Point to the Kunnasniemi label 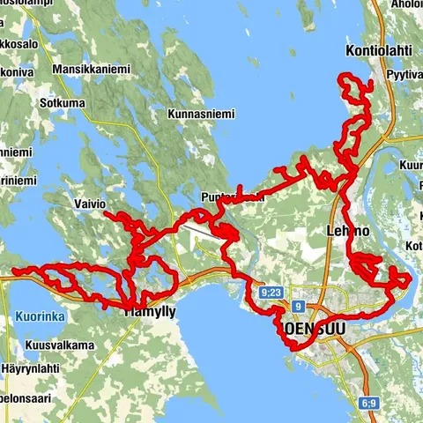pos(203,113)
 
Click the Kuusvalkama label pos(60,345)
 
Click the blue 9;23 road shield pos(271,292)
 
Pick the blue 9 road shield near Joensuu pos(299,307)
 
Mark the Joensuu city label pos(313,327)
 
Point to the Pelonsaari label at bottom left pos(26,398)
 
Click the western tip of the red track pos(12,273)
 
